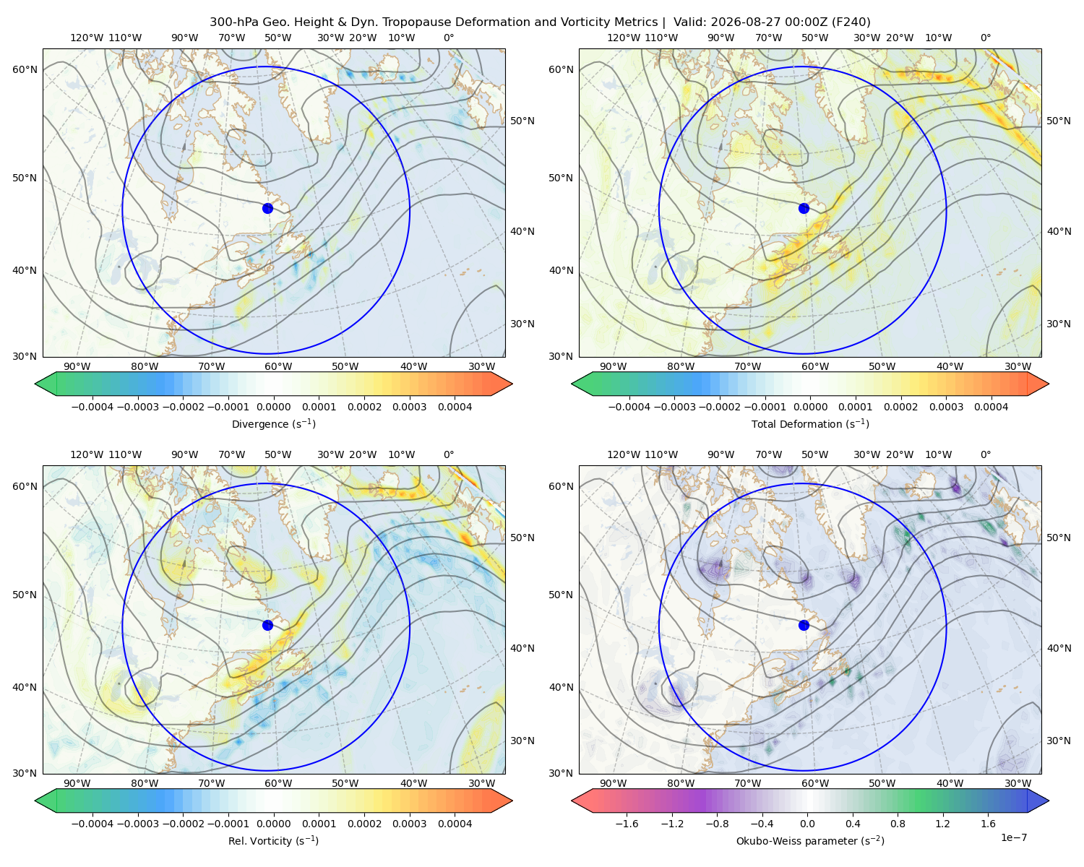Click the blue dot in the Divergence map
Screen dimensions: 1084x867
[267, 208]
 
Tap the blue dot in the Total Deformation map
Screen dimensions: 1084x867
[804, 208]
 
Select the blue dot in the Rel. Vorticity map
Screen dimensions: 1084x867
[267, 625]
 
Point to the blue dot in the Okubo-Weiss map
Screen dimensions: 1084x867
[804, 625]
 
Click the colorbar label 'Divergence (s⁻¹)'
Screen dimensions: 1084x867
[273, 423]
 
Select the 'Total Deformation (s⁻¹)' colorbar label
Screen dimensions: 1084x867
[810, 423]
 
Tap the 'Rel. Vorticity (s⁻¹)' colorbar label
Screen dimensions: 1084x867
[273, 840]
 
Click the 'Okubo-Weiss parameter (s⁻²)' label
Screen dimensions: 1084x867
[810, 840]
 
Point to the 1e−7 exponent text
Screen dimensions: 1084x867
[1013, 837]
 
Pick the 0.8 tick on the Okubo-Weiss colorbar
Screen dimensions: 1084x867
[898, 823]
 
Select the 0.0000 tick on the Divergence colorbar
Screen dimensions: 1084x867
[273, 407]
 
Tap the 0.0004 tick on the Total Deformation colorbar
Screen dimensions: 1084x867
[991, 407]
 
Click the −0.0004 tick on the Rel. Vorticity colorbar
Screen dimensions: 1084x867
[93, 823]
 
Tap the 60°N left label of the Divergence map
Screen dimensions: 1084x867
[25, 69]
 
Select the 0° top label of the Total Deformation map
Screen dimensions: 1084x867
[985, 38]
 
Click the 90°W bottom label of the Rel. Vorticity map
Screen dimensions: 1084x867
[77, 783]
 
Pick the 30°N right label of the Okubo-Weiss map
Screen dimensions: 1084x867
[1058, 740]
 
